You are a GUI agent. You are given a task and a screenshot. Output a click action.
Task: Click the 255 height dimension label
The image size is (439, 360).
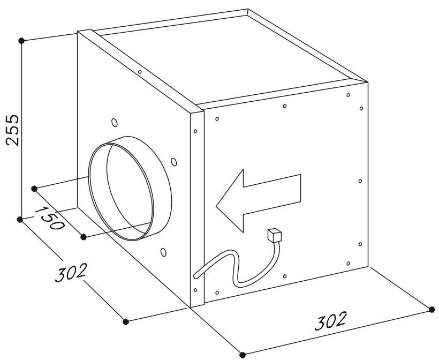click(x=13, y=130)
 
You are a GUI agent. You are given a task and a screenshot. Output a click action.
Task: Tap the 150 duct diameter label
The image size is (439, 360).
click(x=50, y=218)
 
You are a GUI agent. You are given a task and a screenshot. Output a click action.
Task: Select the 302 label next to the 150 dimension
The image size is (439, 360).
click(x=70, y=272)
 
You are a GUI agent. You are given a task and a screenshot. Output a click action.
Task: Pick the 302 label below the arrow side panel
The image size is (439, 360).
click(x=330, y=321)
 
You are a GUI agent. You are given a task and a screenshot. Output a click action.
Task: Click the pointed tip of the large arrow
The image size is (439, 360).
click(x=216, y=206)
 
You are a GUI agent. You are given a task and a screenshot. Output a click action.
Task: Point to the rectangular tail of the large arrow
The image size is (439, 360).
click(x=272, y=194)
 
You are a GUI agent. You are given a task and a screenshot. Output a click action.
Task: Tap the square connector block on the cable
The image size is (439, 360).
click(x=274, y=235)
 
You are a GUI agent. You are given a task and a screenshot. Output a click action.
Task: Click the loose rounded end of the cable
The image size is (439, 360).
click(x=196, y=276)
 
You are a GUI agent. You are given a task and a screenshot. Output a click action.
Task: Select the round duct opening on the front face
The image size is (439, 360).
click(x=130, y=188)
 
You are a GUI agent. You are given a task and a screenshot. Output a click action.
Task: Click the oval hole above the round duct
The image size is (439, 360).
click(x=115, y=123)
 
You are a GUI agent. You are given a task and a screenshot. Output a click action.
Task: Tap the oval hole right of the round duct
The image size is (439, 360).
click(x=174, y=162)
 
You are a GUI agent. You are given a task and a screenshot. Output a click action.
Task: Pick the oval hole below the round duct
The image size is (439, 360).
click(x=163, y=252)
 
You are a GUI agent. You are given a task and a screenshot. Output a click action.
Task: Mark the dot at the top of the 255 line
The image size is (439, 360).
click(x=21, y=41)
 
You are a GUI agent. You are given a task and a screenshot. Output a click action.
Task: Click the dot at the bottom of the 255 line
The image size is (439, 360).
click(x=20, y=220)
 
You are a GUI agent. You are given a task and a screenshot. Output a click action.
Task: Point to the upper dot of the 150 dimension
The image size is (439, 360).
click(x=34, y=189)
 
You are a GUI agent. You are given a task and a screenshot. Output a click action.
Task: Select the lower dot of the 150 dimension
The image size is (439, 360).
click(x=83, y=237)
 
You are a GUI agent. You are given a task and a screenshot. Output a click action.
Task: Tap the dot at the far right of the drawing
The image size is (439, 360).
click(x=432, y=309)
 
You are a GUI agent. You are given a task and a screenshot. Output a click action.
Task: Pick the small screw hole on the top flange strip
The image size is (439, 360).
click(x=140, y=72)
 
